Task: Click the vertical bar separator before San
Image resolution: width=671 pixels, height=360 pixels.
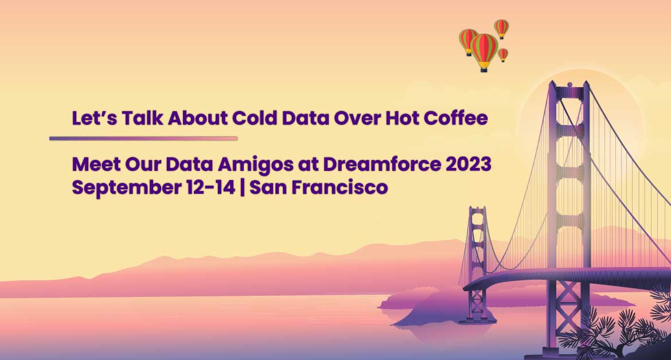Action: (x=243, y=187)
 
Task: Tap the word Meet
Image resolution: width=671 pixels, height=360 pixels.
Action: (x=96, y=164)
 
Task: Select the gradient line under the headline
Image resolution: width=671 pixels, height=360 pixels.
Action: (x=143, y=139)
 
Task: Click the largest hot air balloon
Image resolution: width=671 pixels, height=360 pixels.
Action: (x=484, y=52)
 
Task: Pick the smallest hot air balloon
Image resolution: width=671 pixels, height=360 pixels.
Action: (x=504, y=54)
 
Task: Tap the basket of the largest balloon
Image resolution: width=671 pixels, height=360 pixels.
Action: (x=484, y=69)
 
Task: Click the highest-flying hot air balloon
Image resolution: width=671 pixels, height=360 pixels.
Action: (x=502, y=29)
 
